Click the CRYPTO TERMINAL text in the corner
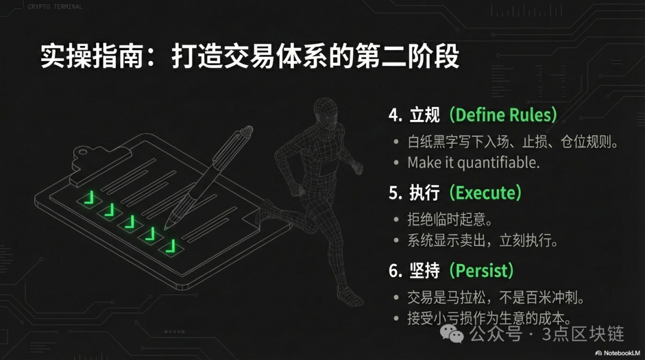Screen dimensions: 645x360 pos(55,7)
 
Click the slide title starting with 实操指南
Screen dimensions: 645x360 pos(250,56)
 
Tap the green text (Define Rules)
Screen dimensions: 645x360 pos(503,115)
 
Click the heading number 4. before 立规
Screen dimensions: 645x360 pos(395,115)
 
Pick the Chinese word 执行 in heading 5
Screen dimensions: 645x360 pos(425,193)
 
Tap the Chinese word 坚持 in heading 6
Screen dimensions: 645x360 pos(425,270)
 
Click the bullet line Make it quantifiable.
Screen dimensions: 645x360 pos(474,162)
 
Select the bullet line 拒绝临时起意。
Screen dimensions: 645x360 pos(450,219)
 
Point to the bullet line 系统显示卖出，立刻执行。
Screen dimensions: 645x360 pos(483,240)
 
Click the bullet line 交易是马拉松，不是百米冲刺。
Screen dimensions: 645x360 pos(496,297)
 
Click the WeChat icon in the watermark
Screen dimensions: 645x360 pos(451,334)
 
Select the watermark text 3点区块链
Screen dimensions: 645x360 pos(583,334)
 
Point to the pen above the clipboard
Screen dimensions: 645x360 pos(208,177)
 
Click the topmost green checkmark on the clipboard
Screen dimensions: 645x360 pos(89,198)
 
